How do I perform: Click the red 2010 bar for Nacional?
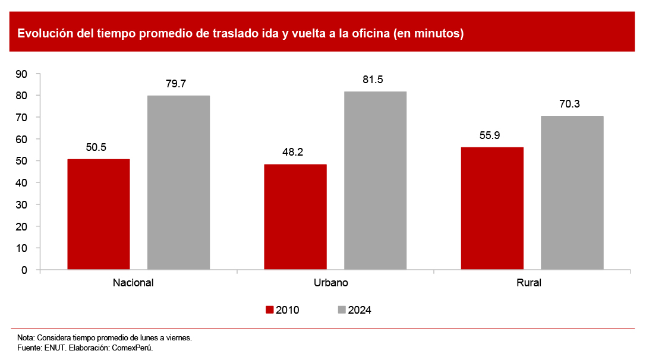point(99,214)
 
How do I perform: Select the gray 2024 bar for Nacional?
point(178,182)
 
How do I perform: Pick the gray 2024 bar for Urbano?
point(375,181)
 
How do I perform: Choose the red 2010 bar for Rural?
point(492,209)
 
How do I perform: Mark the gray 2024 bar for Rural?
point(572,192)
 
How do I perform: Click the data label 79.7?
point(176,84)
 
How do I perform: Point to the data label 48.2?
point(292,153)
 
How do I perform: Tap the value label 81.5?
point(373,80)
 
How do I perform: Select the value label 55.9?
point(490,135)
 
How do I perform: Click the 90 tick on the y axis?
point(22,74)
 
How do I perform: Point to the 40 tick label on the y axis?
point(22,183)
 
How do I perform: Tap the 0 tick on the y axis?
point(24,270)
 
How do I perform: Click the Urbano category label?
point(331,283)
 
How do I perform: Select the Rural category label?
point(529,283)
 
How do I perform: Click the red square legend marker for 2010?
point(269,310)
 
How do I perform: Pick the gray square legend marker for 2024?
point(342,310)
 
